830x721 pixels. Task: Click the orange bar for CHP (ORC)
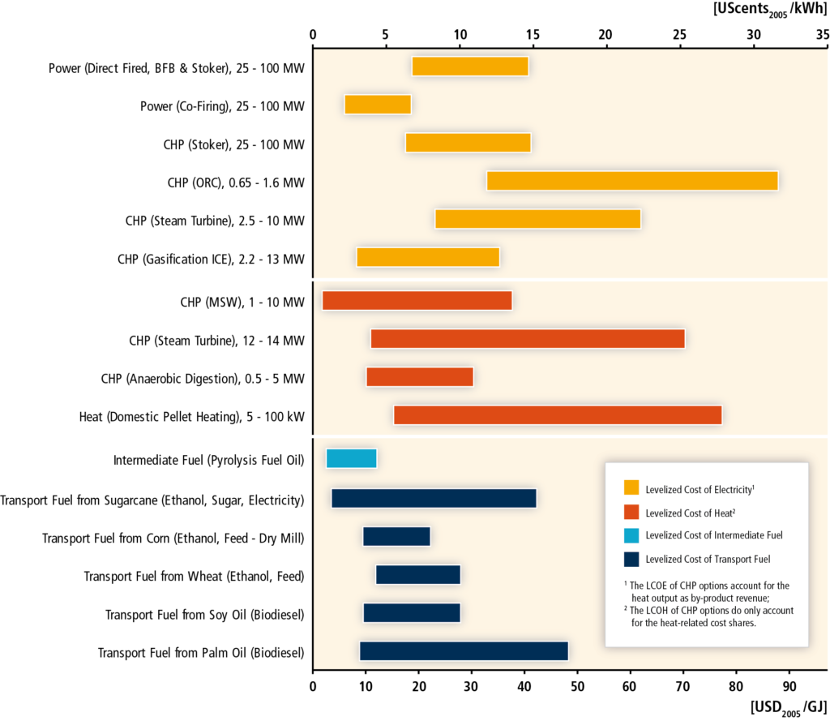[x=632, y=181]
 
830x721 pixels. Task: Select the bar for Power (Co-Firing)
[x=378, y=105]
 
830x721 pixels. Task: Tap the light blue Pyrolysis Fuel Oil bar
[x=351, y=458]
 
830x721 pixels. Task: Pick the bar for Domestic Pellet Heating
[x=558, y=415]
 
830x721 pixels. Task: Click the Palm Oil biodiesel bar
[x=464, y=651]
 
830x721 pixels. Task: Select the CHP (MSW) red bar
[x=417, y=301]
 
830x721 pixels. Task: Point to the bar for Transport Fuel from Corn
[x=396, y=537]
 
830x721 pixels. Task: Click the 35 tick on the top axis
[x=822, y=35]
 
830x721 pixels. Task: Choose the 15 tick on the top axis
[x=533, y=35]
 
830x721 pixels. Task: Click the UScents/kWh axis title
[x=770, y=12]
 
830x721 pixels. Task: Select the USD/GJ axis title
[x=788, y=709]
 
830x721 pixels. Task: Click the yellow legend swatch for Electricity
[x=631, y=487]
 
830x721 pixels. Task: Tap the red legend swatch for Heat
[x=631, y=511]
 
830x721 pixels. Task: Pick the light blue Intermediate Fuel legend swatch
[x=631, y=534]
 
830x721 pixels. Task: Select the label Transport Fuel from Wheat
[x=194, y=576]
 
